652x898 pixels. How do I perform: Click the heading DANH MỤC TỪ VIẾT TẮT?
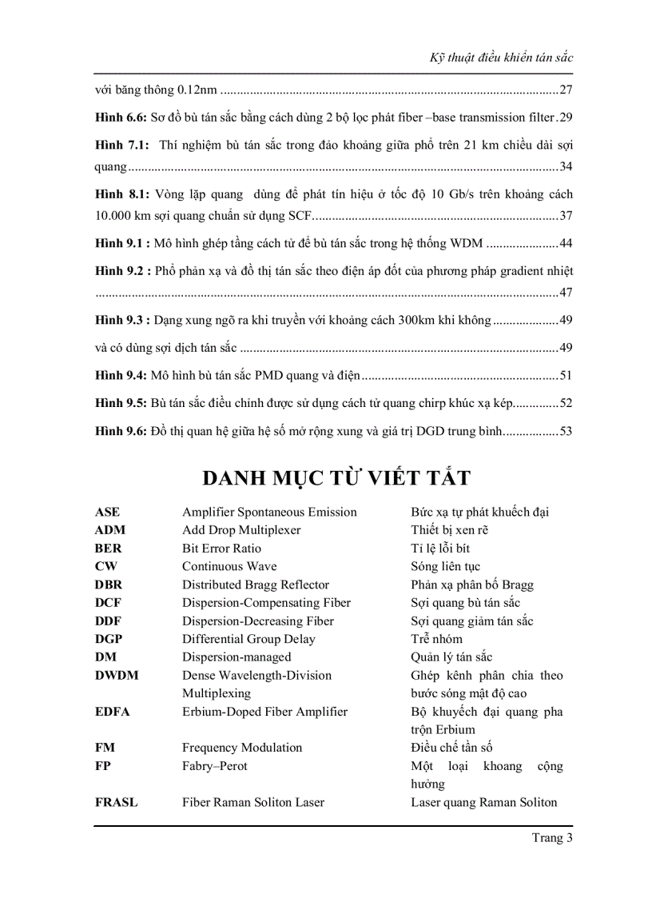[336, 478]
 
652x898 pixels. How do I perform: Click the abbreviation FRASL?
[116, 802]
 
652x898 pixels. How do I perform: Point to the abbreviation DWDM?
[116, 676]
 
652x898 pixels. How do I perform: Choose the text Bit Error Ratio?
[221, 549]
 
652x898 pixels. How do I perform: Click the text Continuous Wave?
[229, 566]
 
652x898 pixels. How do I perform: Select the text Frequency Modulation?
[242, 748]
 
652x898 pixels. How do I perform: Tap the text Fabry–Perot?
[215, 766]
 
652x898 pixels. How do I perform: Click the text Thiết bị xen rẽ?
[449, 530]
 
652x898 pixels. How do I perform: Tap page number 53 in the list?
[566, 431]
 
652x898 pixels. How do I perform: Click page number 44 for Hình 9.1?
[566, 243]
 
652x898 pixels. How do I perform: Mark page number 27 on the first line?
[566, 90]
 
